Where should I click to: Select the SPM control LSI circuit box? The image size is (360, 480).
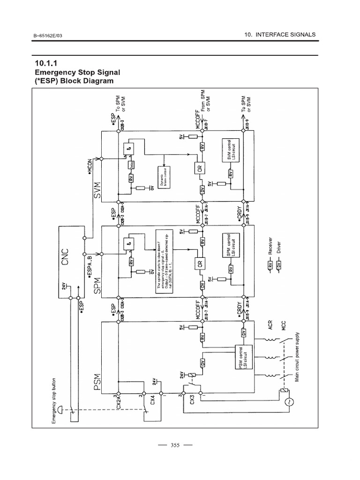point(231,246)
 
